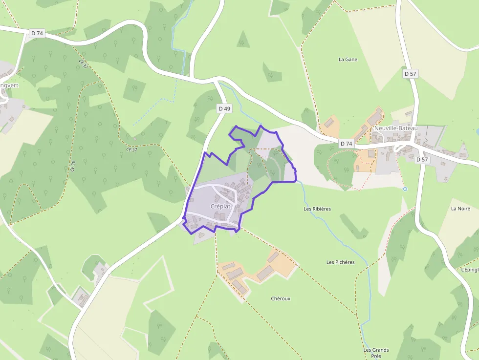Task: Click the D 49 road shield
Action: (x=224, y=108)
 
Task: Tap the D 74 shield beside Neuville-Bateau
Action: (x=346, y=143)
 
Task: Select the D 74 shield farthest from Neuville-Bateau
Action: (x=37, y=33)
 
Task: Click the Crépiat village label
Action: (x=220, y=206)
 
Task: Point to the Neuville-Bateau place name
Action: (x=396, y=128)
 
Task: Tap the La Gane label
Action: (x=348, y=60)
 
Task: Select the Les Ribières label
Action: (x=317, y=209)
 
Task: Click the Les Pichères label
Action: (x=341, y=262)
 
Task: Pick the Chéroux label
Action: (x=281, y=298)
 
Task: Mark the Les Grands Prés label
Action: (x=376, y=353)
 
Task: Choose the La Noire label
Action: (x=460, y=209)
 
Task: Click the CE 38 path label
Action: (x=73, y=166)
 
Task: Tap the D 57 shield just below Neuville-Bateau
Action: (x=422, y=159)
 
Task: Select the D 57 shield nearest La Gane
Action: (x=411, y=74)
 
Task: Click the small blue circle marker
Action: (x=405, y=189)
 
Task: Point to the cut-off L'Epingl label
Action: (x=470, y=269)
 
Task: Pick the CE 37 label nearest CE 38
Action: (x=131, y=149)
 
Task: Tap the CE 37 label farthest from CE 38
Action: (x=83, y=64)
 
